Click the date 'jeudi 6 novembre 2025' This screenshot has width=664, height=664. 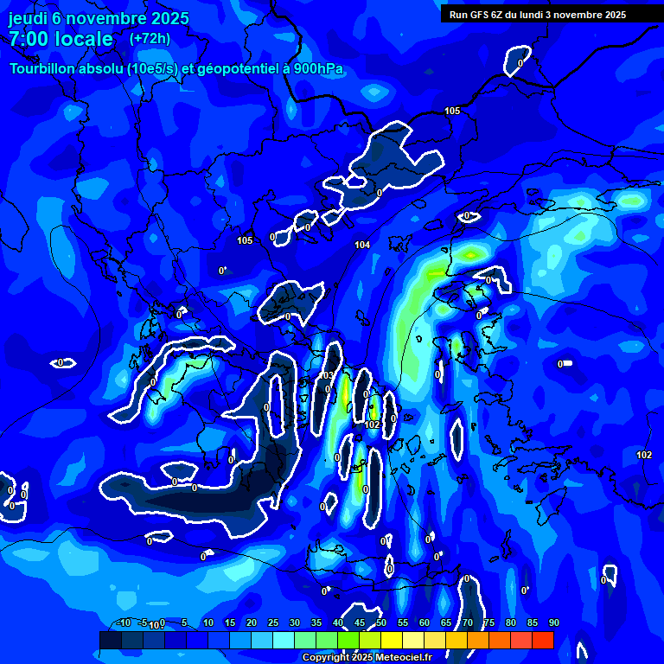click(x=99, y=18)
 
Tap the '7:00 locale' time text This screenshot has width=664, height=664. click(x=61, y=39)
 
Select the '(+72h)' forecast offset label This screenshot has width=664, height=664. click(x=150, y=38)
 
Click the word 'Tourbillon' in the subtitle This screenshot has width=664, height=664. click(x=48, y=68)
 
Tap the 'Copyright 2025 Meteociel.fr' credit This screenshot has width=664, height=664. click(x=367, y=657)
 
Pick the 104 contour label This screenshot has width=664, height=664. click(x=362, y=245)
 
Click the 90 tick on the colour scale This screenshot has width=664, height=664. click(x=553, y=623)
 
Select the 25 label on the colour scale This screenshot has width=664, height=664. click(x=272, y=623)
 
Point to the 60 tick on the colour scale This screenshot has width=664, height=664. click(x=424, y=623)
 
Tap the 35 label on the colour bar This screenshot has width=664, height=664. click(x=316, y=623)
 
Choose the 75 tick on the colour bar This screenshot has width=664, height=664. click(x=488, y=623)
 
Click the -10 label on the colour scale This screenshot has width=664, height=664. click(x=124, y=623)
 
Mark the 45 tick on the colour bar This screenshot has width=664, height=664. click(x=359, y=623)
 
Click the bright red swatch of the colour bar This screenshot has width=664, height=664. click(x=542, y=640)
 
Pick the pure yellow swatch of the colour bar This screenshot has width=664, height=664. click(x=392, y=640)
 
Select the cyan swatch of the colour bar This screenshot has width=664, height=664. click(x=284, y=640)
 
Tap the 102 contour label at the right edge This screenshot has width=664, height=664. click(x=644, y=455)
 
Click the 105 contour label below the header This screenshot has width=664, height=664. click(x=452, y=111)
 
